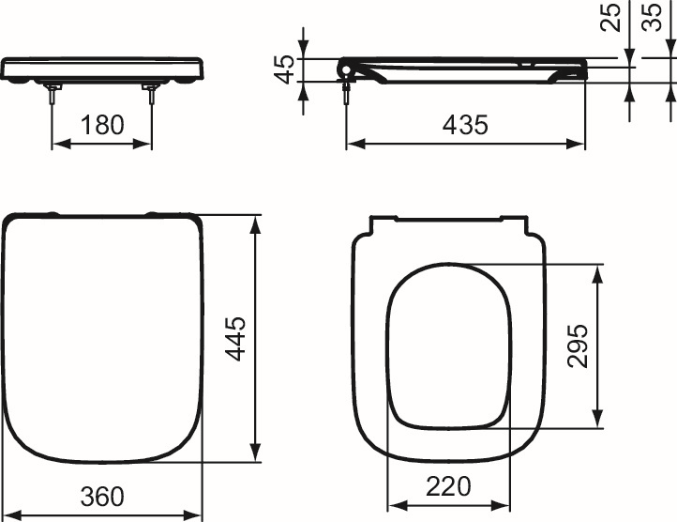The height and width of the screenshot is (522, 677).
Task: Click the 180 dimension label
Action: [x=102, y=125]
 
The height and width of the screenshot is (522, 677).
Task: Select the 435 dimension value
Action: [x=466, y=125]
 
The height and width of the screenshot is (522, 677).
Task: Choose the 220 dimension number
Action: [x=448, y=486]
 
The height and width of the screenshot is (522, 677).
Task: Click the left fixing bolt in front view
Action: [x=52, y=93]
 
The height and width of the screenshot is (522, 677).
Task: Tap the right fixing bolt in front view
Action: [x=152, y=93]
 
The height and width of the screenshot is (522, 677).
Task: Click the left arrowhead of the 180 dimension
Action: [x=56, y=145]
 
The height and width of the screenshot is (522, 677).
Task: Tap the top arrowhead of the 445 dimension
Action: [x=256, y=222]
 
